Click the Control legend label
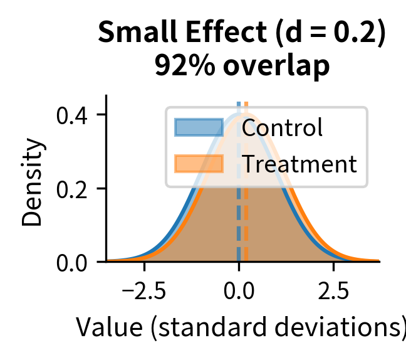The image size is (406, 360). click(x=282, y=128)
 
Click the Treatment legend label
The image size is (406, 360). click(x=299, y=164)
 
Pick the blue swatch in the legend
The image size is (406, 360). click(x=199, y=127)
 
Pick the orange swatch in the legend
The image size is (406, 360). click(x=199, y=164)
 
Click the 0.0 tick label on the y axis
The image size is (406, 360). click(x=73, y=262)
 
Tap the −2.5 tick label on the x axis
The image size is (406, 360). click(x=144, y=292)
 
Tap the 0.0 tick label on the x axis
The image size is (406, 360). click(x=239, y=292)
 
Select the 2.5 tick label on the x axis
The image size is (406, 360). click(x=333, y=292)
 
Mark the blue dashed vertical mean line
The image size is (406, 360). click(x=239, y=238)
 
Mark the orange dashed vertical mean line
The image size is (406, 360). click(x=246, y=238)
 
